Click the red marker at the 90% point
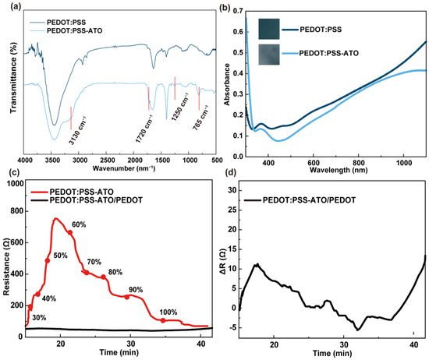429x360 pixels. point(127,296)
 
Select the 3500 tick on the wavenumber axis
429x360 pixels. point(54,159)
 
